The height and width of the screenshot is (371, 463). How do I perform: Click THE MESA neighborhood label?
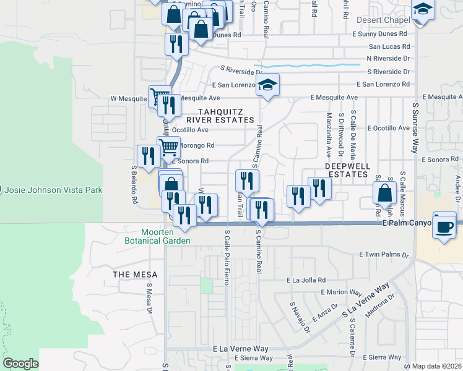(135, 274)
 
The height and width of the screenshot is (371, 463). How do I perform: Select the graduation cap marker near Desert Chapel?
(423, 9)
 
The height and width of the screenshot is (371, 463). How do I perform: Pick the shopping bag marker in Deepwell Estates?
(384, 192)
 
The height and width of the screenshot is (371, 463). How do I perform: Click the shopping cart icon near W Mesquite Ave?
(159, 96)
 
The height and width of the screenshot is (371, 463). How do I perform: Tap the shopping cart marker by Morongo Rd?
(168, 147)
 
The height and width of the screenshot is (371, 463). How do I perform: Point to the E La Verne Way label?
(239, 349)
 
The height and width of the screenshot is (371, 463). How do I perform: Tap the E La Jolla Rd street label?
(306, 280)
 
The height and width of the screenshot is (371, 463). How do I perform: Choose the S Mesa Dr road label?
(149, 299)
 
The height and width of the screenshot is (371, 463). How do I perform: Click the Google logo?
(20, 364)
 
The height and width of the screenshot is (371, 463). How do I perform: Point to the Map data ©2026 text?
(437, 366)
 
